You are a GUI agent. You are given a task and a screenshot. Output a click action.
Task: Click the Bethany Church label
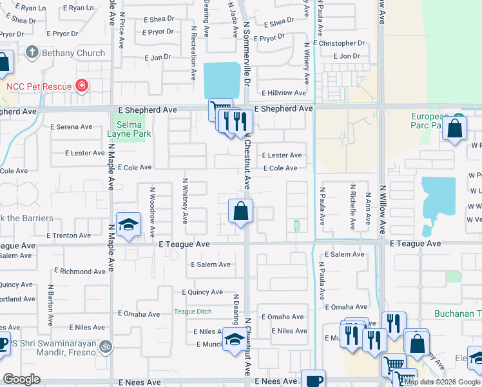(73, 53)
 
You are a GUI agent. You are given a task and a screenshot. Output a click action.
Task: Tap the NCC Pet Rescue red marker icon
(82, 86)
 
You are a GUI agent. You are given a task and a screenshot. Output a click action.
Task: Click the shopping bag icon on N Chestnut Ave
(240, 211)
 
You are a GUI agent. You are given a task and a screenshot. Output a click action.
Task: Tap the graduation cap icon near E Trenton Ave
(128, 224)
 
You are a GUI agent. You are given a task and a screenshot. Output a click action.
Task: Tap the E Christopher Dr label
(339, 43)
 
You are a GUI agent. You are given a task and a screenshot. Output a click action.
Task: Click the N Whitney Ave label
(186, 201)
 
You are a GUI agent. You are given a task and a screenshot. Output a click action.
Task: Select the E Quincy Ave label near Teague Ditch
(202, 292)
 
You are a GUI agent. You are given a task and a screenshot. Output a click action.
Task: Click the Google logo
(22, 379)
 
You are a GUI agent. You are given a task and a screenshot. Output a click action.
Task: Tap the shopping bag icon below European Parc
(455, 128)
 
